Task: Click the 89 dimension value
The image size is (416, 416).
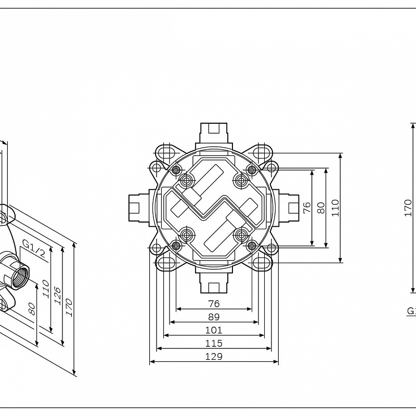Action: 214,317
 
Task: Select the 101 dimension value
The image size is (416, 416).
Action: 214,330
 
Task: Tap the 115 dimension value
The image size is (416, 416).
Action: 214,343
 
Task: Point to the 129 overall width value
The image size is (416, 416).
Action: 214,356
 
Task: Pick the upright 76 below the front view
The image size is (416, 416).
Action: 214,303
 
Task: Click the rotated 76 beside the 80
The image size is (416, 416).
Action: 307,207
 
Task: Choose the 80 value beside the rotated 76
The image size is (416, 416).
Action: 321,207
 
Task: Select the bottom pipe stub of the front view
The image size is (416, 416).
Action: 214,283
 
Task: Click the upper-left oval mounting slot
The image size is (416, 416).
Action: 167,152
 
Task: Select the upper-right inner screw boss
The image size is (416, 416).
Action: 240,180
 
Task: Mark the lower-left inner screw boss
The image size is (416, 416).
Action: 186,235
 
